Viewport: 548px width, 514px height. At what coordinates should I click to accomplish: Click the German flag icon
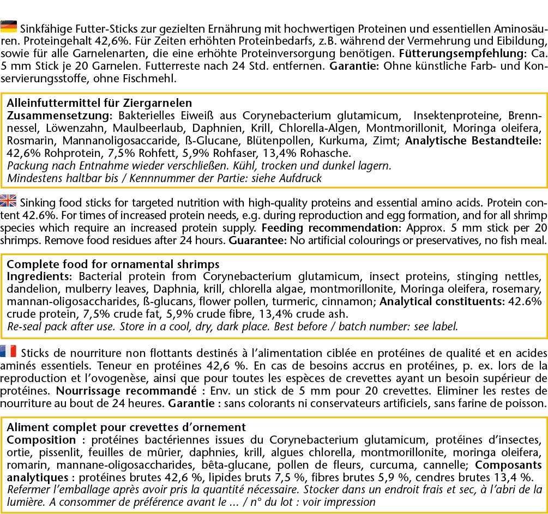pyautogui.click(x=9, y=27)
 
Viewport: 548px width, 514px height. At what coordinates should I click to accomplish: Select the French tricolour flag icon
pyautogui.click(x=9, y=351)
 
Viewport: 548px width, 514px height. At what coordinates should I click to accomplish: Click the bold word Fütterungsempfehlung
pyautogui.click(x=461, y=55)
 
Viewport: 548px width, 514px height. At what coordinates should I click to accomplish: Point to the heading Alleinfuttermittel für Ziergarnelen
pyautogui.click(x=99, y=102)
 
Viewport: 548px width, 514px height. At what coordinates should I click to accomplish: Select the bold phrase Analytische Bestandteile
pyautogui.click(x=474, y=141)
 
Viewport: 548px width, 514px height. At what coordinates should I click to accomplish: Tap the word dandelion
pyautogui.click(x=31, y=289)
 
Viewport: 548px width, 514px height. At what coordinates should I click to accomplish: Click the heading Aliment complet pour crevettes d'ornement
pyautogui.click(x=126, y=427)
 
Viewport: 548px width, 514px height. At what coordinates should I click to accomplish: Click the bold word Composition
pyautogui.click(x=41, y=440)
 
